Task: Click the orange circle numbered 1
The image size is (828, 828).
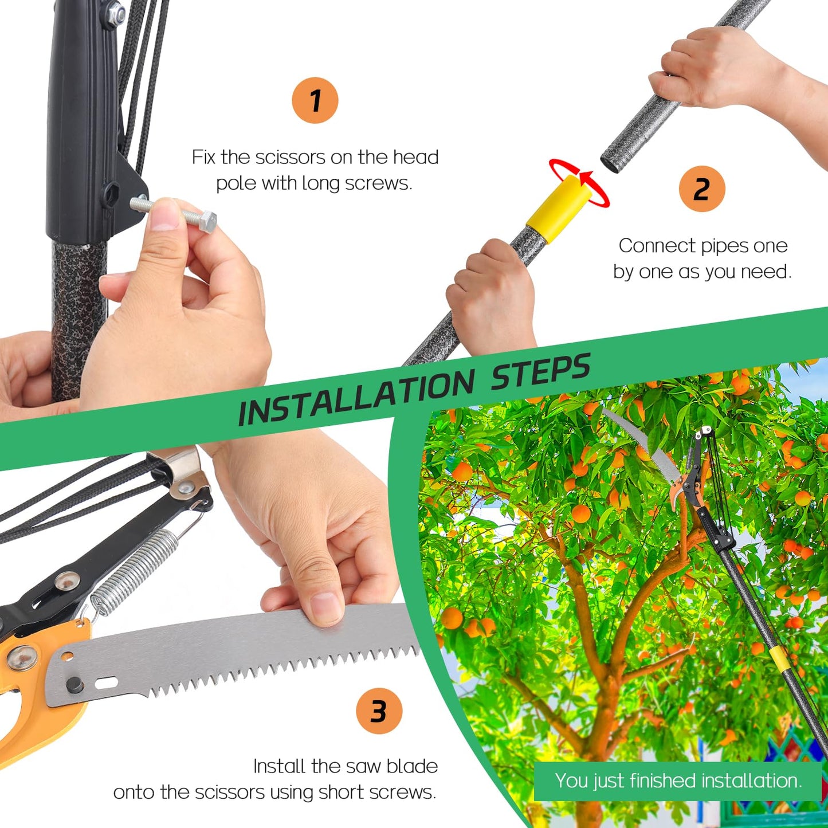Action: point(315,100)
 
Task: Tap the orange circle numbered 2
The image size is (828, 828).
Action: point(702,189)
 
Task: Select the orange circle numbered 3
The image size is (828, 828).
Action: point(379,711)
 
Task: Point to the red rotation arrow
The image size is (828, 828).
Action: point(579,182)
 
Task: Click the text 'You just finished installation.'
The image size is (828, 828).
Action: point(678,781)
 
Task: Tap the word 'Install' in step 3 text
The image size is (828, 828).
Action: point(280,766)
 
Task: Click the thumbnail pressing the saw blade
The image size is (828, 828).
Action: point(325,610)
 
